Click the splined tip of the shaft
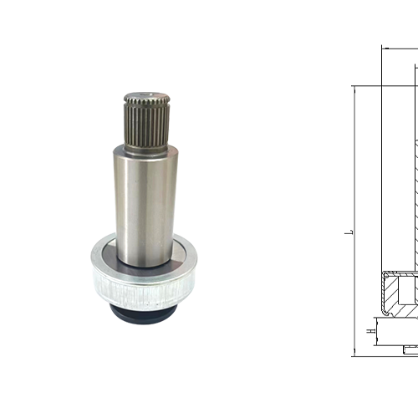(x=147, y=122)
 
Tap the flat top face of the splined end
(x=147, y=94)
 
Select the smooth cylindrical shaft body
(x=145, y=207)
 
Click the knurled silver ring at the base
(x=144, y=290)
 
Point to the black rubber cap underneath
(x=143, y=314)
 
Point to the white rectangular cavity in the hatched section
(x=408, y=290)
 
